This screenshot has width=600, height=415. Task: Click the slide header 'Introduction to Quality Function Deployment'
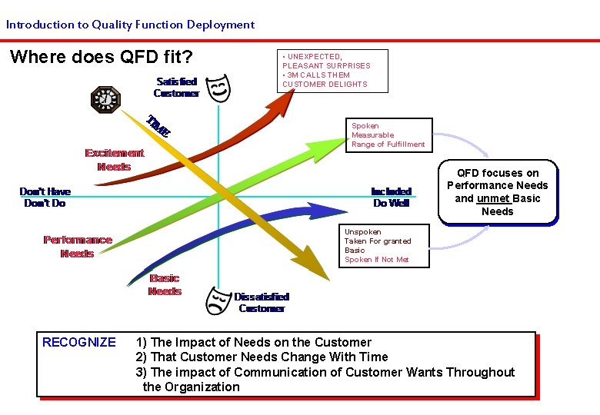pos(130,25)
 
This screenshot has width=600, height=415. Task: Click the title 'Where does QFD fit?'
pos(101,58)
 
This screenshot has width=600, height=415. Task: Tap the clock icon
pos(105,98)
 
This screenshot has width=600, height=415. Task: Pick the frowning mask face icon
pos(218,301)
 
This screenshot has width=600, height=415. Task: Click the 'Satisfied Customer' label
pos(176,88)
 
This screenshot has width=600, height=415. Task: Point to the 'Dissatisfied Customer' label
pos(262,303)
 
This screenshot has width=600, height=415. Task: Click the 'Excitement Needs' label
pos(114,160)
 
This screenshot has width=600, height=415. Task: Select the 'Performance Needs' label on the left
pos(77,247)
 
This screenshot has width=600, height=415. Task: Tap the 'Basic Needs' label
pos(165,285)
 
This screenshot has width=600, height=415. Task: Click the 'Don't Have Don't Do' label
pos(45,198)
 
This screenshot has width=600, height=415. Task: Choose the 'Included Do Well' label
pos(392,198)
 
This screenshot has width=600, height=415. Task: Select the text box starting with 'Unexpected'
pos(332,71)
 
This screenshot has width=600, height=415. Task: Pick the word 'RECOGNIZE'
pos(79,343)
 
